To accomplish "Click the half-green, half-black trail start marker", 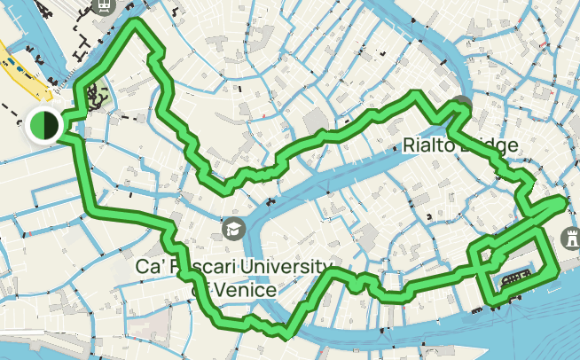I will (43, 125).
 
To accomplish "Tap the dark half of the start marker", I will (51, 125).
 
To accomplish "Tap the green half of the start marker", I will (36, 125).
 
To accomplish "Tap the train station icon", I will (105, 4).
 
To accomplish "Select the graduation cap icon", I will (233, 228).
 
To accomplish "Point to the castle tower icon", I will (569, 238).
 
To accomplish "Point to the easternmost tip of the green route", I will (563, 203).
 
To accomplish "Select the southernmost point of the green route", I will (285, 335).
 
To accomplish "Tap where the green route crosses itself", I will (483, 257).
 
